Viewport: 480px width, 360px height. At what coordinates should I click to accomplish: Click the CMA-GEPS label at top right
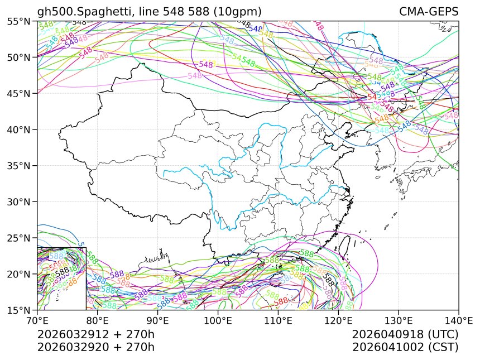(x=429, y=12)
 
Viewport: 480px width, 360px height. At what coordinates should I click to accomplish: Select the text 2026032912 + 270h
(x=95, y=335)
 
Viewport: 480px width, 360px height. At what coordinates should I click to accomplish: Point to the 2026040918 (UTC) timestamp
(x=405, y=335)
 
